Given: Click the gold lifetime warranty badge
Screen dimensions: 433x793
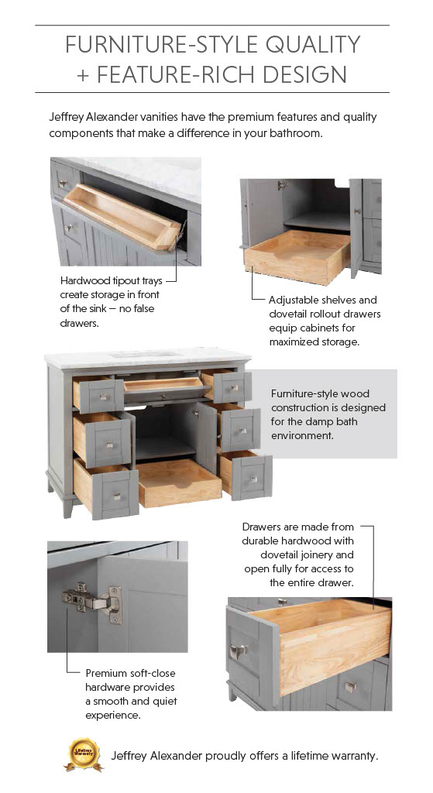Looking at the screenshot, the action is click(x=84, y=754).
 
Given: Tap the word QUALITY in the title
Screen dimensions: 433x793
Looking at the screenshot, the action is click(x=313, y=44).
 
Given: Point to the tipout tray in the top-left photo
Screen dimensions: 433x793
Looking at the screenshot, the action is click(x=123, y=218).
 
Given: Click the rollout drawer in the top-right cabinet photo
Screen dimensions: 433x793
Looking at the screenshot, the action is click(x=297, y=256).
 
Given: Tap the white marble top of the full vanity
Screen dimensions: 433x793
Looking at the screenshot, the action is click(x=148, y=357).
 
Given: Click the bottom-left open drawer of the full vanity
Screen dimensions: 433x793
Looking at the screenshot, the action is click(x=106, y=489).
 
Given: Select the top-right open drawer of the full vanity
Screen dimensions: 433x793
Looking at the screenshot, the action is click(x=227, y=386).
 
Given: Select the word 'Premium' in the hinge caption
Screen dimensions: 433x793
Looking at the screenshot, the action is click(x=105, y=673).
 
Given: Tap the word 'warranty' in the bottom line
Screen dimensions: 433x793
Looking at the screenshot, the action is click(x=354, y=756).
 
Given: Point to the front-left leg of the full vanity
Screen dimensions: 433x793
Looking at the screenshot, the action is click(x=68, y=506).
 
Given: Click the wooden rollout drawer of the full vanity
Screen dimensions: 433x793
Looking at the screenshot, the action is click(x=179, y=482).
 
